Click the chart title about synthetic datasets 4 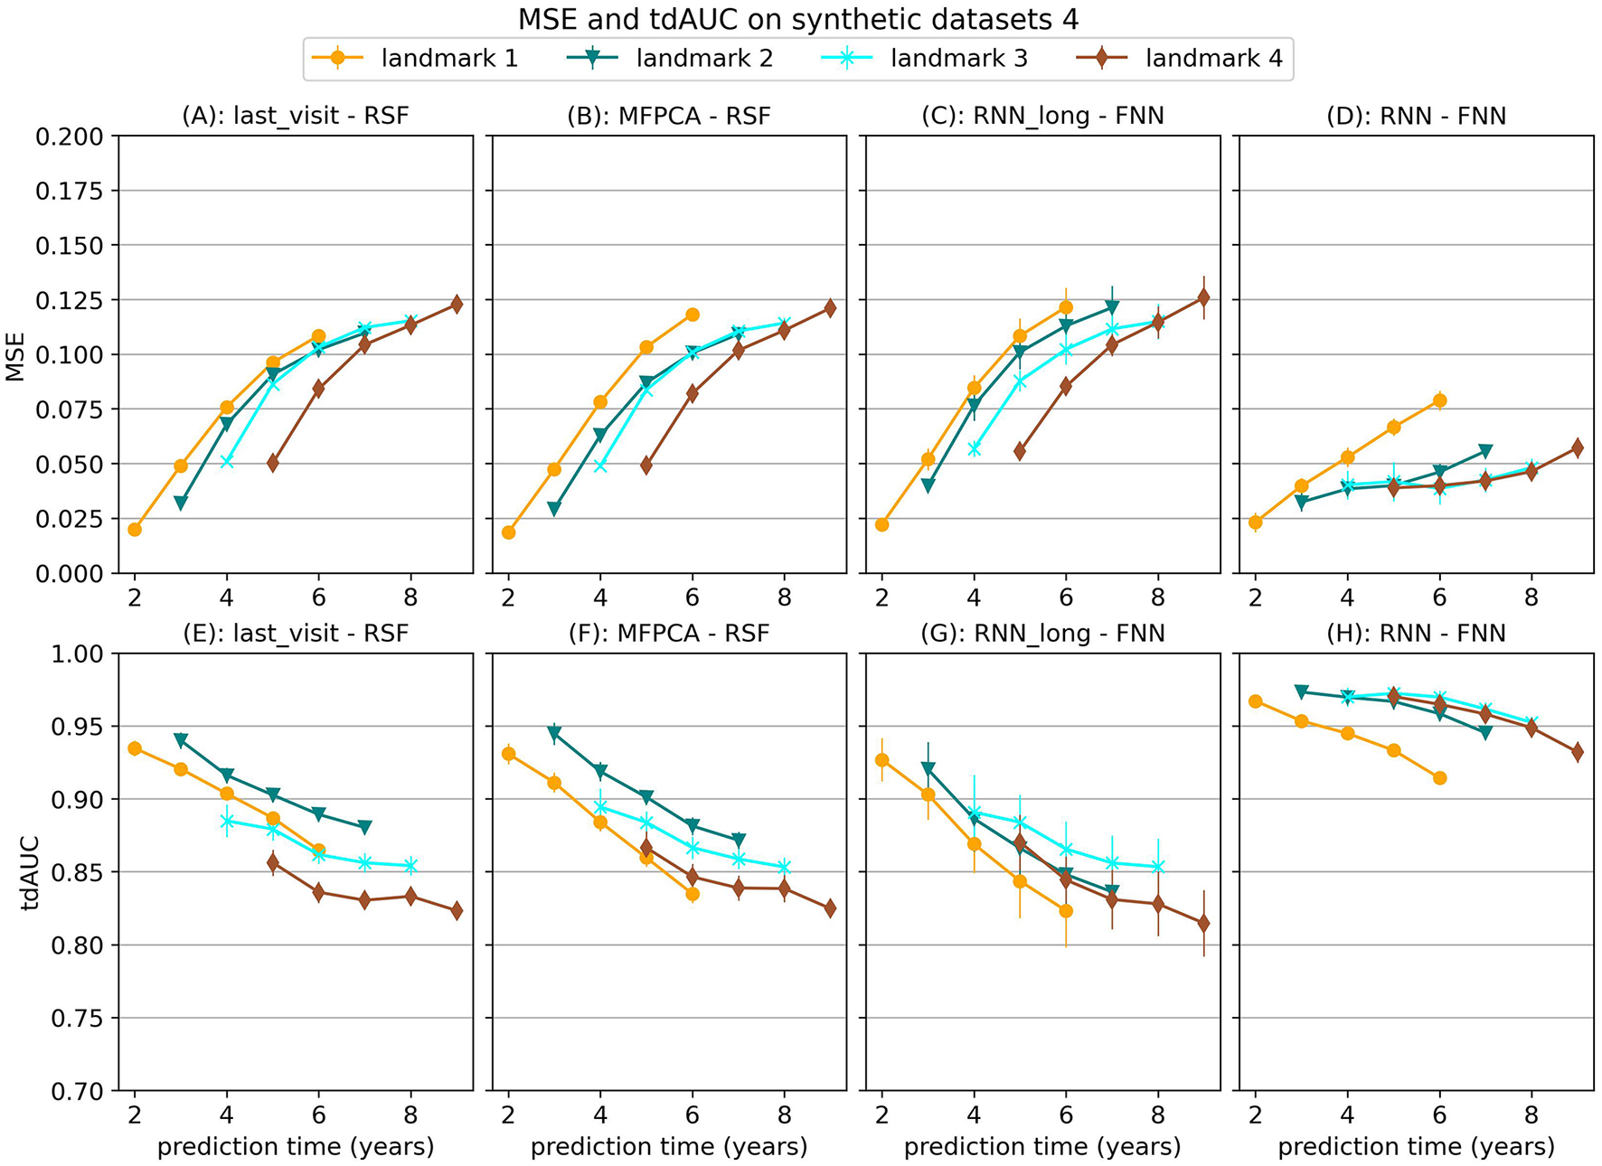tap(798, 19)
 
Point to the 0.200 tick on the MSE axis tap(69, 136)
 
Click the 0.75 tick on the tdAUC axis tap(76, 1019)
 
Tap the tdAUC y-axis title tap(29, 872)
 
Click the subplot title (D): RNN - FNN tap(1416, 116)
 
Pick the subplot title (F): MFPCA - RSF tap(668, 633)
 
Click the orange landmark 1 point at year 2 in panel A tap(135, 529)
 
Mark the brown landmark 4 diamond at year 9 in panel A tap(457, 305)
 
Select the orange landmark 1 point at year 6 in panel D tap(1439, 400)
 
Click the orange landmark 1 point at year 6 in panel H tap(1439, 777)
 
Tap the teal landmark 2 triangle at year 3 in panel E tap(181, 740)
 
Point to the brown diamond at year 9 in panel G tap(1203, 923)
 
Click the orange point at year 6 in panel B tap(693, 315)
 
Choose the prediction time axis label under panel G tap(1041, 1147)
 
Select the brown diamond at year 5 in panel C tap(1020, 451)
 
